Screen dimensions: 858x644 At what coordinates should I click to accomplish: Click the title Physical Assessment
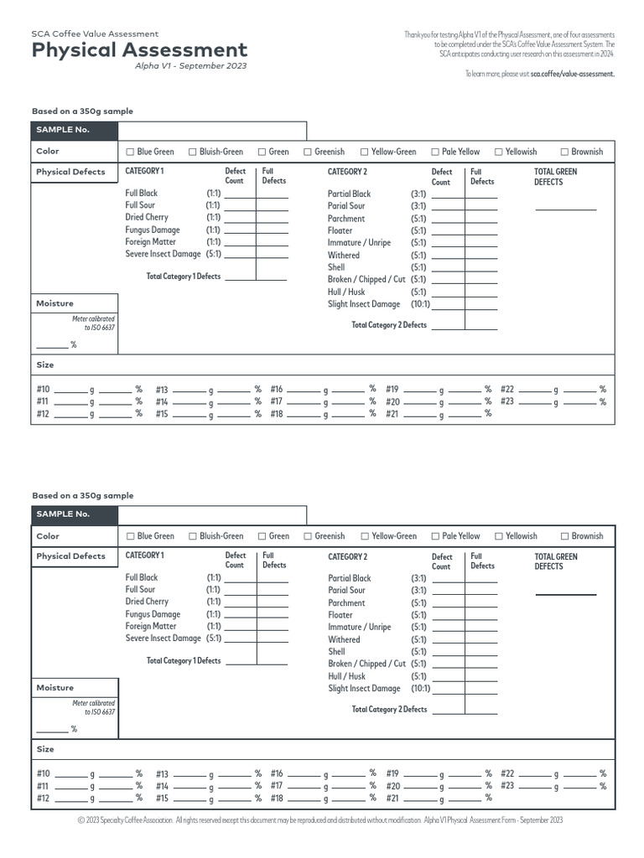pos(139,50)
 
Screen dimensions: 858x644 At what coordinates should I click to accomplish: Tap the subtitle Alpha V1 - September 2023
pos(191,66)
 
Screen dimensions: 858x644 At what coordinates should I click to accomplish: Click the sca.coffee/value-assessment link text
pos(573,74)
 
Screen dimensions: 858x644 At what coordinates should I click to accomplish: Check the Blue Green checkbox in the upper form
pos(130,152)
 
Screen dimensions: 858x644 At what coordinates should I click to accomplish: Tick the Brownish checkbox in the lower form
pos(564,536)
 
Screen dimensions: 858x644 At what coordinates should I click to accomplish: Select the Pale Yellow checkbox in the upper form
pos(435,152)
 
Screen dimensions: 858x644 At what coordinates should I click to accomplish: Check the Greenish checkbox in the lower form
pos(308,536)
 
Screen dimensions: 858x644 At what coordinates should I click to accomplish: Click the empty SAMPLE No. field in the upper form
pos(212,130)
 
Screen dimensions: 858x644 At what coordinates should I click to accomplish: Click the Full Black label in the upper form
pos(142,194)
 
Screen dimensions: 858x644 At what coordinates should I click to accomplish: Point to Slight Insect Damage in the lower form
pos(364,689)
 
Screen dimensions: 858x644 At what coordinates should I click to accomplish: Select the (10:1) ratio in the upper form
pos(419,304)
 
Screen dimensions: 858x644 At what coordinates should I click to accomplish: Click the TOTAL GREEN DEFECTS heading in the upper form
pos(555,176)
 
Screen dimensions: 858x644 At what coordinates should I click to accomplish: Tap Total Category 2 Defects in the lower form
pos(389,709)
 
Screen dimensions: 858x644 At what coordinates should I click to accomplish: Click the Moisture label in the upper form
pos(55,303)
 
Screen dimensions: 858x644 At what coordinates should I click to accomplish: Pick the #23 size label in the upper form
pos(507,401)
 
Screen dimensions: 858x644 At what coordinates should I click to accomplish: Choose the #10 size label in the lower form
pos(44,774)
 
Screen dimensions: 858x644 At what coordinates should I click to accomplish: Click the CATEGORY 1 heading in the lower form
pos(145,556)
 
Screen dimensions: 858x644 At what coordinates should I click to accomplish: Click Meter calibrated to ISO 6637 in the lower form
pos(93,708)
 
